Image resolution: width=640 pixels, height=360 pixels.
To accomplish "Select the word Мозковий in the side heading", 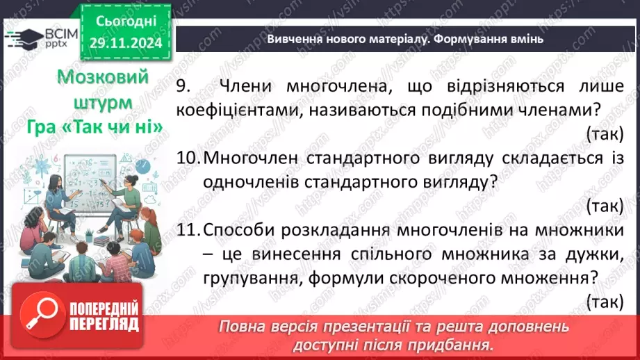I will [x=101, y=76].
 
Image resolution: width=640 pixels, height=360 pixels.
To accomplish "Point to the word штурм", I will [x=101, y=102].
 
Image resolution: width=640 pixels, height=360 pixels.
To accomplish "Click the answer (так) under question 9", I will [x=604, y=133].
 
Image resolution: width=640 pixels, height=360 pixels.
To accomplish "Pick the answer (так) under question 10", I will [x=604, y=205].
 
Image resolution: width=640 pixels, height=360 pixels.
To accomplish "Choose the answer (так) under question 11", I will [x=604, y=301].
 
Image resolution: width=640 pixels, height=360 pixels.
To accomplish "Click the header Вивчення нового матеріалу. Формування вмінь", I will [x=405, y=39].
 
